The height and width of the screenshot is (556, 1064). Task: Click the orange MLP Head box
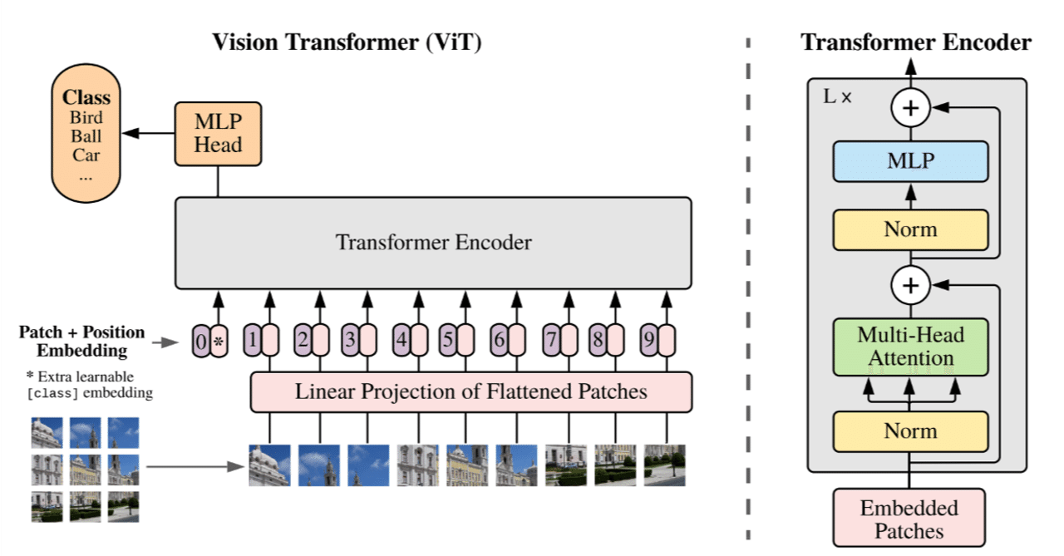pos(218,133)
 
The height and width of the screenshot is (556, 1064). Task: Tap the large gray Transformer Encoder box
pos(433,243)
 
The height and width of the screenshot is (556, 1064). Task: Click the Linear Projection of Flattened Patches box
pos(470,391)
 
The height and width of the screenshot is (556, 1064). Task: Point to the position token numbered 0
pos(200,341)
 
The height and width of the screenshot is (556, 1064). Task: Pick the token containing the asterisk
pos(219,341)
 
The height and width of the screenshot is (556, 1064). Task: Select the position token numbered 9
pos(648,340)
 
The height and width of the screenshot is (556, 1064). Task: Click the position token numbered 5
pos(448,340)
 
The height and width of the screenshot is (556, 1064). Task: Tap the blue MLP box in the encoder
pos(911,161)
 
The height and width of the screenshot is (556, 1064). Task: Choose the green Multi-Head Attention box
pos(911,347)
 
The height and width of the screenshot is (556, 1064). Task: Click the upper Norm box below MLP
pos(911,229)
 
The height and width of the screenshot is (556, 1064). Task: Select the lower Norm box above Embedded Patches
pos(911,431)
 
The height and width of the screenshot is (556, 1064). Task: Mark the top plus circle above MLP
pos(911,107)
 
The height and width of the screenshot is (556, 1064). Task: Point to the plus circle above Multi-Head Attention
pos(911,286)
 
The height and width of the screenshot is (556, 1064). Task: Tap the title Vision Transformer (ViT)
pos(347,42)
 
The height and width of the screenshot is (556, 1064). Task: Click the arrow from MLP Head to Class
pos(148,133)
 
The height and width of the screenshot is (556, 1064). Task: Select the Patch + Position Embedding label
pos(81,341)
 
